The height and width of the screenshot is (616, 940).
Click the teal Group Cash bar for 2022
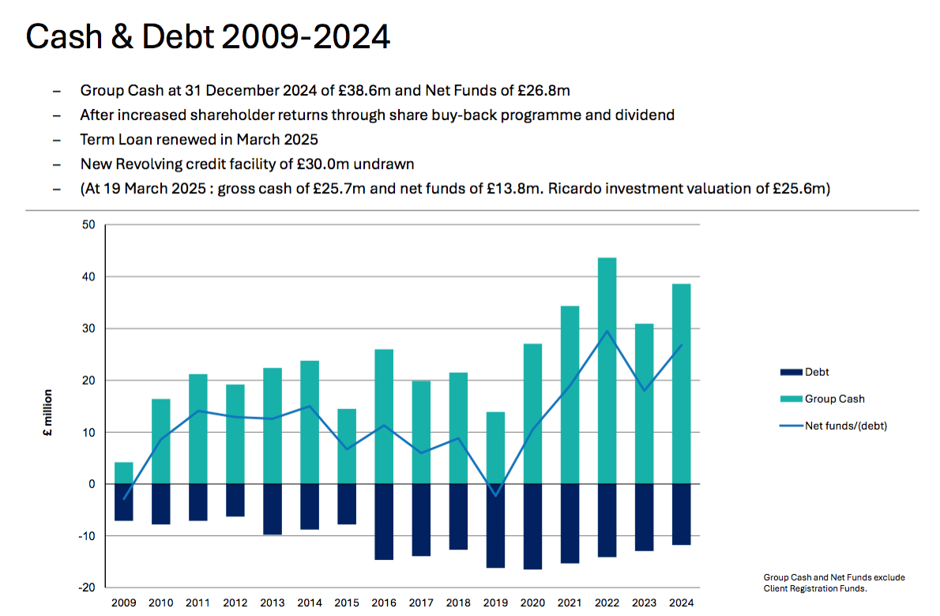click(607, 370)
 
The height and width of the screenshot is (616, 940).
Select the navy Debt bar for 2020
click(532, 526)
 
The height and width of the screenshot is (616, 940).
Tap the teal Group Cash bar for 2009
click(124, 473)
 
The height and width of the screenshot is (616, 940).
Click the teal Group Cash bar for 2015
click(347, 446)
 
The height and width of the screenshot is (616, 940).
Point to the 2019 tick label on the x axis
click(495, 603)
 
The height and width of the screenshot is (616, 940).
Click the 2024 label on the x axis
click(680, 603)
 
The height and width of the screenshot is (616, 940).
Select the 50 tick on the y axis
click(88, 225)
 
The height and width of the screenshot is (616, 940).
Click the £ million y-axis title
click(47, 413)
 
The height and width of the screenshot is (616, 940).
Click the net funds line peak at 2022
click(607, 331)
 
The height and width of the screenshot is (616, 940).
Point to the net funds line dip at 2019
click(495, 495)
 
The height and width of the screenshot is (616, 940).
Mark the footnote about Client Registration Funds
click(834, 583)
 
